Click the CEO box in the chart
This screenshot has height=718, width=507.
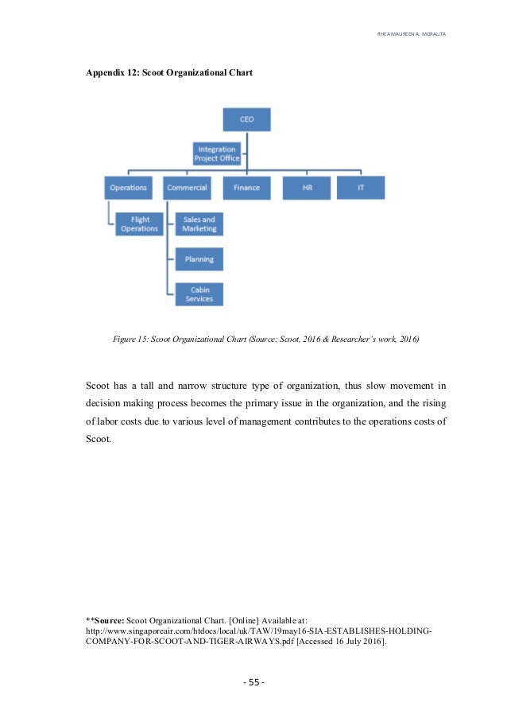pos(246,120)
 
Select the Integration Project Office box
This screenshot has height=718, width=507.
pos(216,153)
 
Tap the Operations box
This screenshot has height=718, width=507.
pos(128,188)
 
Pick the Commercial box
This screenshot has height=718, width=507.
pos(188,188)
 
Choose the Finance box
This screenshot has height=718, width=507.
pos(246,188)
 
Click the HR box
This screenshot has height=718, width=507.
pos(306,188)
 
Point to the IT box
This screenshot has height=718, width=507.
pos(360,188)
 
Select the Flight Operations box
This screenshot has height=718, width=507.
pos(140,223)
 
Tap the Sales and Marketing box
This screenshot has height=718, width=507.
pos(199,223)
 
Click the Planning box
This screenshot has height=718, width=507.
pos(199,259)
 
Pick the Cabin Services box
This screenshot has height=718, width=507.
pos(199,294)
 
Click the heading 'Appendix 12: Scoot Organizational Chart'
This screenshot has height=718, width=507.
pos(168,72)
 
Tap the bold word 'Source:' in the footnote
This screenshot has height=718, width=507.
pos(108,618)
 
